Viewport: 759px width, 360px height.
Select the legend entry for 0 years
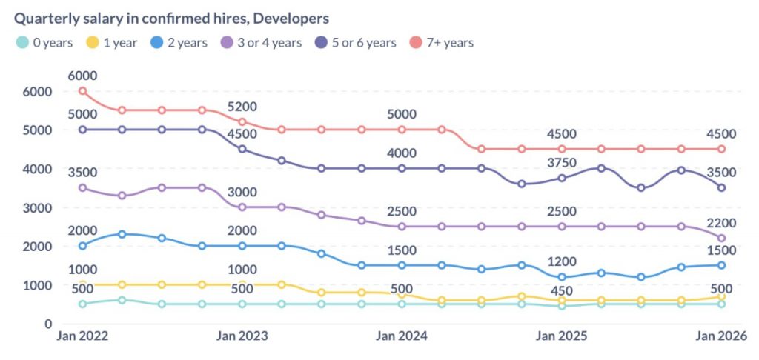44,42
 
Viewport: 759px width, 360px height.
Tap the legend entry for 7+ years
441,42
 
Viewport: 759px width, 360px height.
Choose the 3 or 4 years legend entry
263,42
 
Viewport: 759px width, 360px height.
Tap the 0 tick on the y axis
47,324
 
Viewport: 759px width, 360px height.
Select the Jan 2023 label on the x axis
242,336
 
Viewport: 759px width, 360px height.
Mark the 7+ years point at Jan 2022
82,91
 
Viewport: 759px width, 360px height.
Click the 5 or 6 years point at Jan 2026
721,188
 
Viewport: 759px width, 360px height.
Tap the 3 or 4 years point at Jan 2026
721,238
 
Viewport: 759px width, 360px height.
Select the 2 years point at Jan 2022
82,246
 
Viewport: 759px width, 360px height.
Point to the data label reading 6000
82,76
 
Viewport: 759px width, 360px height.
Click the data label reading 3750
561,163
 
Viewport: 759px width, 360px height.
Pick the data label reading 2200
721,222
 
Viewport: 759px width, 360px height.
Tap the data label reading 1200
561,261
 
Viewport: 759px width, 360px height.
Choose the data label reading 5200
242,106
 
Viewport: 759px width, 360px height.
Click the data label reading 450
561,290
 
